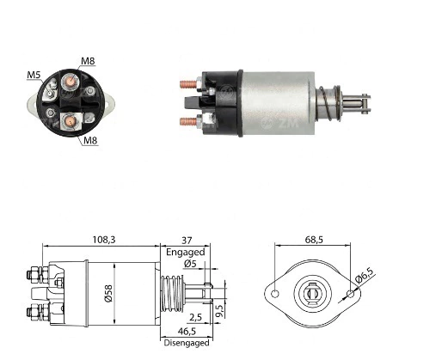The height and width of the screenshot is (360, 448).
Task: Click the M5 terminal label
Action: (x=34, y=75)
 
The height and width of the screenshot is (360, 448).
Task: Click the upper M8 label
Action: (x=88, y=61)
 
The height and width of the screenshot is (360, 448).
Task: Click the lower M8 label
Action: (x=90, y=140)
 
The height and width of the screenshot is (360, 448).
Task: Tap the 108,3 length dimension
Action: (x=104, y=240)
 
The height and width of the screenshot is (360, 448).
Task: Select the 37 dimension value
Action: (x=187, y=240)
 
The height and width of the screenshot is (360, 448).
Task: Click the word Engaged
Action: (x=186, y=253)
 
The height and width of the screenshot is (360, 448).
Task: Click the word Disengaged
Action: (x=187, y=343)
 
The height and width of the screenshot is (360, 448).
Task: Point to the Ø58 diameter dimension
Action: (x=108, y=293)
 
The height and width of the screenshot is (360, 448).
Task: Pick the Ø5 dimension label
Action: (x=190, y=264)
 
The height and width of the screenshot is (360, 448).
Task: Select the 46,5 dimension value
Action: (x=187, y=332)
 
